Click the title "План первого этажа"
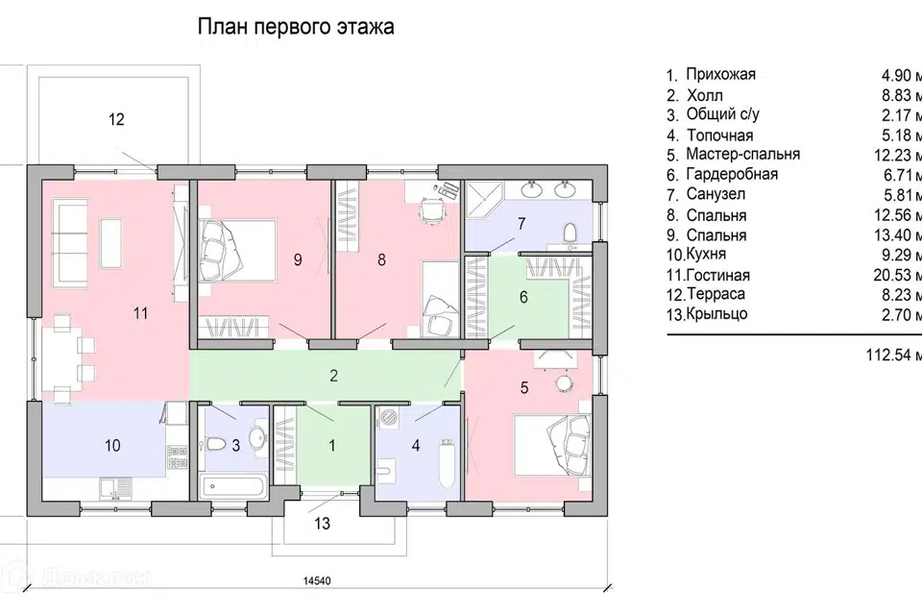296,27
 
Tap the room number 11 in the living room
141,312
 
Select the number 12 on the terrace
116,120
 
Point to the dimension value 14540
319,581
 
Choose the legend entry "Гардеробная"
732,175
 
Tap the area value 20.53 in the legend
895,275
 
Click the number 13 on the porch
322,524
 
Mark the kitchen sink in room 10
113,489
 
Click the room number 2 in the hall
333,376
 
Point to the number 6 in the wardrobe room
523,297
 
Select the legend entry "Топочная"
719,135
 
